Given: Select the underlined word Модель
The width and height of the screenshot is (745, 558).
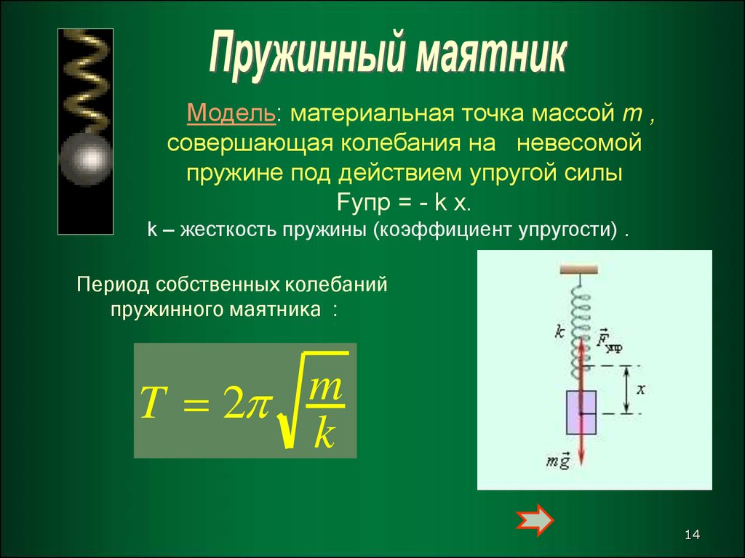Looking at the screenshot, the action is (x=231, y=113).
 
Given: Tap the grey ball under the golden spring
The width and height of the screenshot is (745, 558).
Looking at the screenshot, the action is (x=86, y=158).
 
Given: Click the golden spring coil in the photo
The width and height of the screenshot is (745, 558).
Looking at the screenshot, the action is (x=87, y=81).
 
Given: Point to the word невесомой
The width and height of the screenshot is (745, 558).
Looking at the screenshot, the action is (x=579, y=143).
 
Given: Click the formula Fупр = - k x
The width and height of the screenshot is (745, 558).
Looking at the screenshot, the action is (x=404, y=203).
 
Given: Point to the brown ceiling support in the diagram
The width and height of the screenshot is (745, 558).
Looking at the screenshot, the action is (x=578, y=270).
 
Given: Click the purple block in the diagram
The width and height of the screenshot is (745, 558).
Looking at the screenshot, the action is (x=581, y=413).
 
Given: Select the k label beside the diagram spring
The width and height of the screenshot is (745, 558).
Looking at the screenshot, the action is (x=559, y=331).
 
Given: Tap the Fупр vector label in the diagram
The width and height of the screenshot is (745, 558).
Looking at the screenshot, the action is (x=610, y=340).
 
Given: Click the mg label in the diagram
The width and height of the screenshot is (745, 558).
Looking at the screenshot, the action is (x=558, y=460).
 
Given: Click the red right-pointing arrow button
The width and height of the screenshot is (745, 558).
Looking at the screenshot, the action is (x=535, y=520).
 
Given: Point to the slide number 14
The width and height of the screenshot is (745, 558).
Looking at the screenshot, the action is (x=693, y=535).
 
